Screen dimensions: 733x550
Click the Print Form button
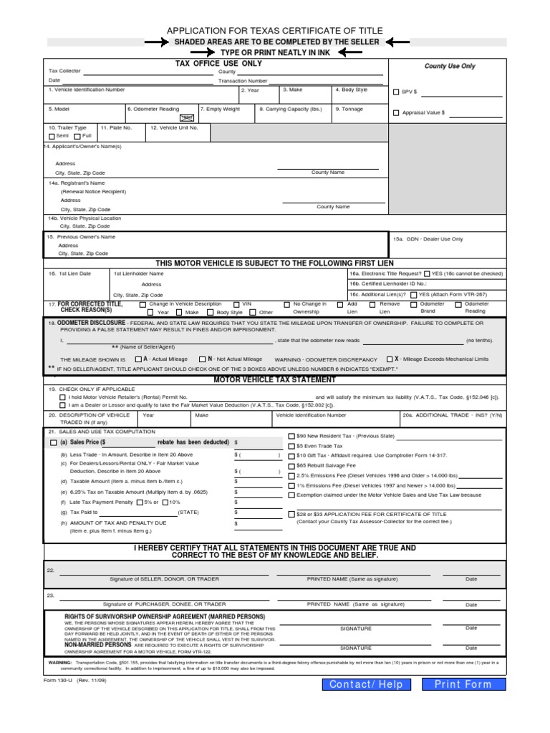(463, 684)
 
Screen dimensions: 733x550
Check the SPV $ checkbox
(397, 92)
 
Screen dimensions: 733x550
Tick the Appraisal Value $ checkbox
(397, 113)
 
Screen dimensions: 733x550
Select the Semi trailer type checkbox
(52, 135)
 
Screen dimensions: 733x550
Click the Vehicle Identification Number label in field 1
(87, 89)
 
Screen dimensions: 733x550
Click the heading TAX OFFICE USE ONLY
(218, 64)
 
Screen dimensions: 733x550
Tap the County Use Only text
(450, 66)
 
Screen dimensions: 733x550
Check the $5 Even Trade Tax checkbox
(291, 445)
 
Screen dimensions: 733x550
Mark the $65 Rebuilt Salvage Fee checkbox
(291, 465)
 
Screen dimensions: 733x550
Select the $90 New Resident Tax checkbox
(291, 435)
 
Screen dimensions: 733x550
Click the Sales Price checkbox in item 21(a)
(54, 443)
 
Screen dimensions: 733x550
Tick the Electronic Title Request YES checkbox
(427, 273)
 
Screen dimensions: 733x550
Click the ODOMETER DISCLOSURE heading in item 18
(87, 324)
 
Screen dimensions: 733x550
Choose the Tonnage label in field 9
(350, 109)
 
